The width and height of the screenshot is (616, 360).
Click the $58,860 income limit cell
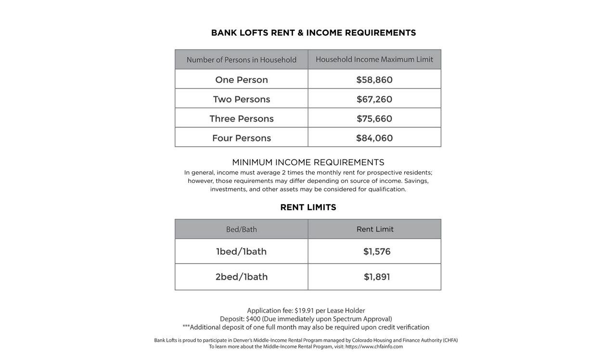pos(374,80)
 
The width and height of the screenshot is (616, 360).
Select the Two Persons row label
pos(242,99)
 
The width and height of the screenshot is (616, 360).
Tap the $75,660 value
pos(374,119)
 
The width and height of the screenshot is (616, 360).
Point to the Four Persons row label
pos(242,138)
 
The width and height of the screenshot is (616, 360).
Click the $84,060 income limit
pos(374,138)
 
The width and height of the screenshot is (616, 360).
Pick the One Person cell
pos(242,80)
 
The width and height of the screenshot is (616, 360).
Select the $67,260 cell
pos(374,99)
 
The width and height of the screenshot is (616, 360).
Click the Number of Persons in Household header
pos(242,60)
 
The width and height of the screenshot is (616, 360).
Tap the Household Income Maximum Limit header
pos(374,59)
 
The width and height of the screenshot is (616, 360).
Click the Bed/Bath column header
pos(242,230)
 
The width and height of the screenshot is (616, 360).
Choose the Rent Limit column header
pos(375,229)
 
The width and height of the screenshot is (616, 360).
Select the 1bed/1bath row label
pos(242,252)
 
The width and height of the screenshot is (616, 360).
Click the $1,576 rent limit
pos(377,252)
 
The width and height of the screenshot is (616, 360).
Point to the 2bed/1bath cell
pos(242,277)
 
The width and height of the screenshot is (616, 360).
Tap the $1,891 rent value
pos(377,277)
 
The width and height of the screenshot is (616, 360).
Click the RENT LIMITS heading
pos(308,207)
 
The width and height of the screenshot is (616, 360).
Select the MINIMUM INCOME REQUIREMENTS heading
pos(308,163)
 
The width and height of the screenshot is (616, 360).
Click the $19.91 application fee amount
pos(304,311)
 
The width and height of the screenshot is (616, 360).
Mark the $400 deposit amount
pos(253,319)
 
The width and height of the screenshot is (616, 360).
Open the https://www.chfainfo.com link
pos(374,347)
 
